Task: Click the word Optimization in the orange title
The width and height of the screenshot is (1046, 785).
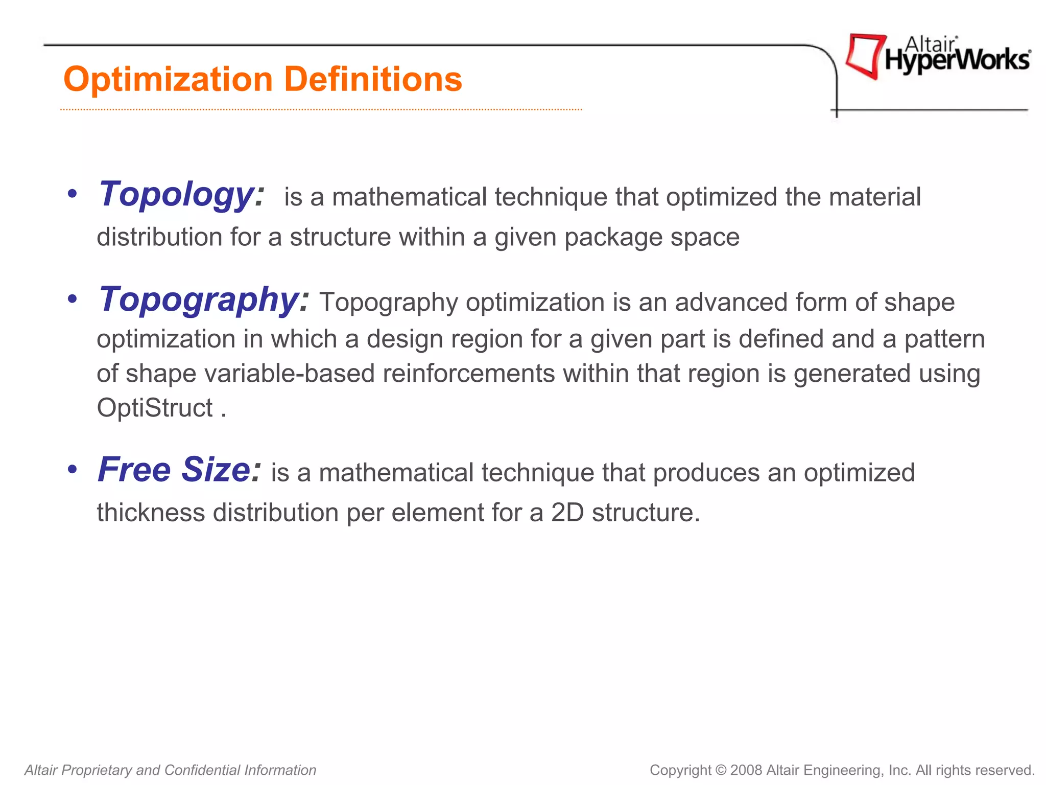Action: click(x=168, y=80)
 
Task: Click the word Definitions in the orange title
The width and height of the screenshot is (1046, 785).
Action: click(x=373, y=80)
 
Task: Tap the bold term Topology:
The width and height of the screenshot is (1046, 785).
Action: click(x=182, y=195)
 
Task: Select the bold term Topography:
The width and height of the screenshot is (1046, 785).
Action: click(x=204, y=300)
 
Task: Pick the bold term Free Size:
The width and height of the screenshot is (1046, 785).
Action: click(x=179, y=470)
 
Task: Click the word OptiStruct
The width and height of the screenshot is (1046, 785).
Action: click(x=155, y=408)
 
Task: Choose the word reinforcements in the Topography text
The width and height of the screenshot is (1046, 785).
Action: click(x=468, y=374)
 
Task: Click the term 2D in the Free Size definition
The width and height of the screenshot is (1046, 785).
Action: click(x=567, y=513)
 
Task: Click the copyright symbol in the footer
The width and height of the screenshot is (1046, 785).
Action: click(x=721, y=770)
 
